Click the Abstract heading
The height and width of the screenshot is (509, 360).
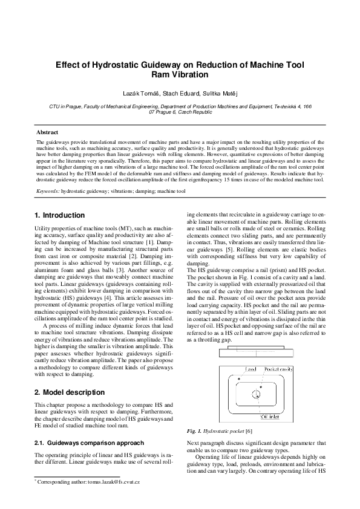(x=47, y=132)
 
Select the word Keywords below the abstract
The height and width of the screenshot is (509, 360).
(x=47, y=190)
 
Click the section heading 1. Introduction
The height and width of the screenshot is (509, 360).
(x=60, y=215)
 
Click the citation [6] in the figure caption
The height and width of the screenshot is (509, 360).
(x=249, y=430)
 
